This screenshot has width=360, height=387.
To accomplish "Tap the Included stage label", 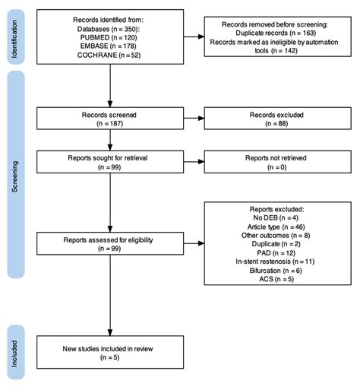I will click(x=16, y=353).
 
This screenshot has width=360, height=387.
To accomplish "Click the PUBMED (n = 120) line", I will click(x=110, y=36).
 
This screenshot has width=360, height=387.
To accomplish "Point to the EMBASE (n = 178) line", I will click(x=110, y=46).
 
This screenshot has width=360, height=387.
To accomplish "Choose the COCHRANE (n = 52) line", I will click(x=110, y=56).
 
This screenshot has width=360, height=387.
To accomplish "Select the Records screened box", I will click(x=110, y=119).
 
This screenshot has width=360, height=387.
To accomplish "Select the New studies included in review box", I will click(x=110, y=353).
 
